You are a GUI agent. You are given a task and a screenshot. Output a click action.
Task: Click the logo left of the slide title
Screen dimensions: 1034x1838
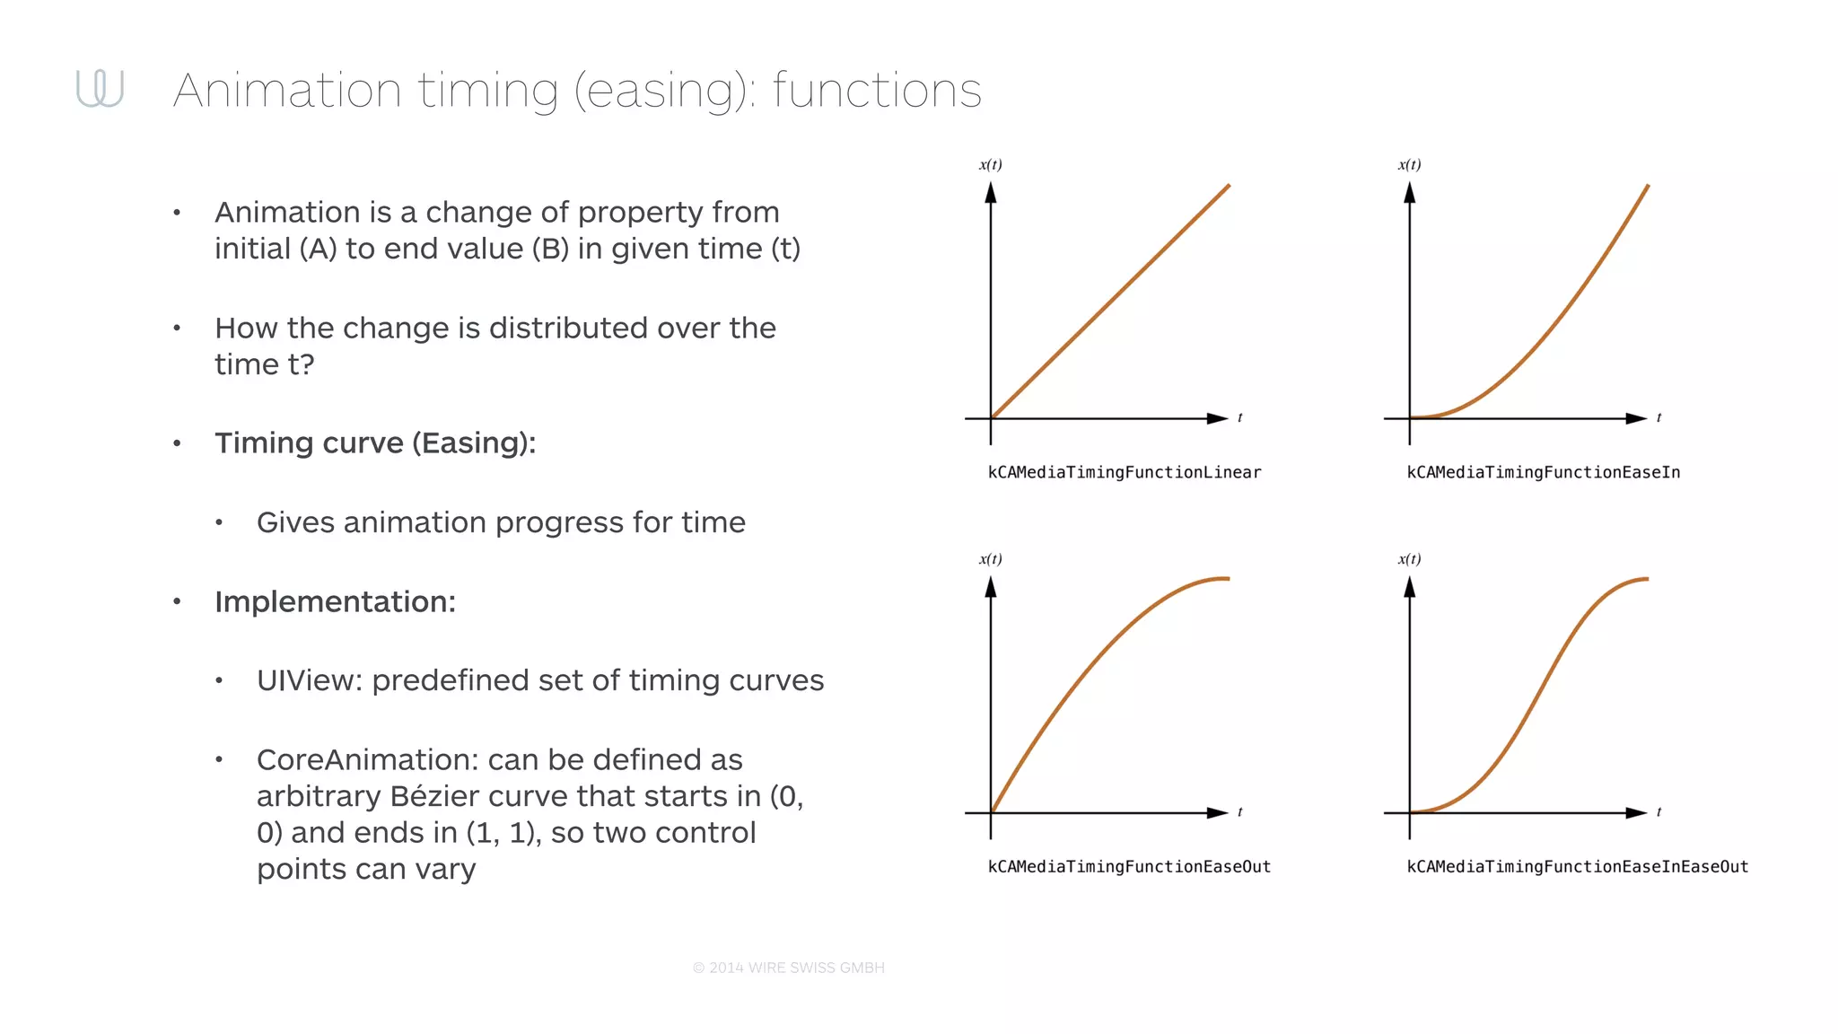pyautogui.click(x=100, y=89)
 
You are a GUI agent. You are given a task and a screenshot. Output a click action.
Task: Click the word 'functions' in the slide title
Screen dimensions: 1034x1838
pyautogui.click(x=877, y=91)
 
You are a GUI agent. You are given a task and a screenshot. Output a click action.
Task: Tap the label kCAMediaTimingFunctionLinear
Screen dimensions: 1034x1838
pyautogui.click(x=1124, y=472)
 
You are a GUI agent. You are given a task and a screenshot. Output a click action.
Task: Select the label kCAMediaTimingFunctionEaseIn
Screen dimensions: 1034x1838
pyautogui.click(x=1543, y=472)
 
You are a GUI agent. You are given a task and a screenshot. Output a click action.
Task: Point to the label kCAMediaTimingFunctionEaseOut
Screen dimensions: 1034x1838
pyautogui.click(x=1129, y=866)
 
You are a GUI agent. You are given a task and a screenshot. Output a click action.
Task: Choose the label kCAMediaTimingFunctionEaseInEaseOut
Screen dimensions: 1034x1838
pyautogui.click(x=1577, y=866)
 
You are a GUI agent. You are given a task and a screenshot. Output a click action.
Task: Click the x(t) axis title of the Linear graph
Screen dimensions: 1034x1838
pyautogui.click(x=990, y=164)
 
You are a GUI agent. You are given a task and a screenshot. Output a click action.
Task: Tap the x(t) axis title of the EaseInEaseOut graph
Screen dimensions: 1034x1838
pyautogui.click(x=1409, y=558)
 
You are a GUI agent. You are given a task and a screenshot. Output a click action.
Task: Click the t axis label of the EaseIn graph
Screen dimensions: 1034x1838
pyautogui.click(x=1659, y=417)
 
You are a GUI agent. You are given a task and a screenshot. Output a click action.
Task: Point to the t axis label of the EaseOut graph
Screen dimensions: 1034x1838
pyautogui.click(x=1239, y=811)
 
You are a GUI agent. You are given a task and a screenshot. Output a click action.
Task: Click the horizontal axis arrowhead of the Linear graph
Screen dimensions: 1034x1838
pyautogui.click(x=1217, y=418)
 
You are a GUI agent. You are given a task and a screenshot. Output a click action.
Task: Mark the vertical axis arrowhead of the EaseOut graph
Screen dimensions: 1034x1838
pyautogui.click(x=991, y=587)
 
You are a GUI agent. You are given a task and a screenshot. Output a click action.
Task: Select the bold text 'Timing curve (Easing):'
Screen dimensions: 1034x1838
pyautogui.click(x=375, y=443)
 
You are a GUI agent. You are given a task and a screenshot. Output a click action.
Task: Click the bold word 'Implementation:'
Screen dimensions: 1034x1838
pyautogui.click(x=335, y=601)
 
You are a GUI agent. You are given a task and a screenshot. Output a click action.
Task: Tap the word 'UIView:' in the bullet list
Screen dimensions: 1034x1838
pyautogui.click(x=309, y=680)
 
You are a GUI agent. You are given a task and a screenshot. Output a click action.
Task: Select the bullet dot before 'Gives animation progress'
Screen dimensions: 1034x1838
pyautogui.click(x=218, y=522)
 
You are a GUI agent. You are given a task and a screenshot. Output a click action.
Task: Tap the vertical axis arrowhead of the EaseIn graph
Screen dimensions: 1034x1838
pyautogui.click(x=1410, y=193)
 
